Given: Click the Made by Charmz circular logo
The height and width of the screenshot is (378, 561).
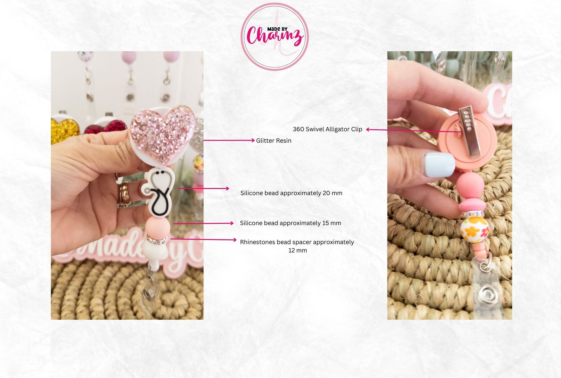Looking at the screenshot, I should pos(274,36).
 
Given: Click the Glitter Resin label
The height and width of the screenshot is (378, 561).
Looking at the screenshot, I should pos(273,140).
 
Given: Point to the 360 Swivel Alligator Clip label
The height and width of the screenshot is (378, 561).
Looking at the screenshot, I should pos(327,129).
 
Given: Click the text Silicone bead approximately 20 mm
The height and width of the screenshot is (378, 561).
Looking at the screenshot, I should pos(291,193).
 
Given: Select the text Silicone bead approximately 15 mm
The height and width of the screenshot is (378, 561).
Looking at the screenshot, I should pos(290,223).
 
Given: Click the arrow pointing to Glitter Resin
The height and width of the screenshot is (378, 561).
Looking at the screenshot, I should pos(229,140).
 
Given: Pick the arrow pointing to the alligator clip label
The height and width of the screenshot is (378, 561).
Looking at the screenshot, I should pos(412,130).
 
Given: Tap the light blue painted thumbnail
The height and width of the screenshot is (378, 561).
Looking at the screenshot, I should pos(439,165).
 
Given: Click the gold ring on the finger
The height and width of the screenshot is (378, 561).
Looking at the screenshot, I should pos(124,194).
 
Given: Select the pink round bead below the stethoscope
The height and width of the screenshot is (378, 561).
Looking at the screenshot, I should pos(158,227).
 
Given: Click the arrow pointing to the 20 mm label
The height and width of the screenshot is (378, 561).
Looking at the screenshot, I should pos(203,189).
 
